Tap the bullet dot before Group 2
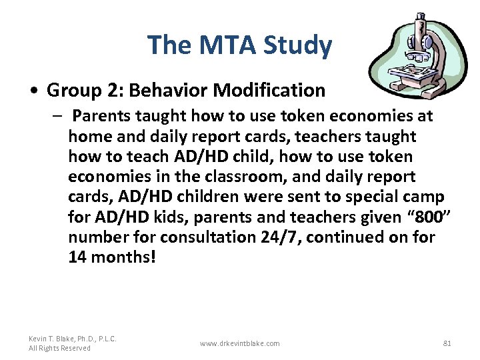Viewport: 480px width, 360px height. pos(35,91)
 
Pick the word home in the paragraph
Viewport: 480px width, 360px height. pos(88,137)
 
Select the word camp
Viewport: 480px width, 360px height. pos(425,197)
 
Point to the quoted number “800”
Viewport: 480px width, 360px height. pos(411,217)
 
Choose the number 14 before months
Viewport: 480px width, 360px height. pos(78,257)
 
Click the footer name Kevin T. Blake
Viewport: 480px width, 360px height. pos(73,339)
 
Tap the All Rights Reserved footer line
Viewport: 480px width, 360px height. pos(59,348)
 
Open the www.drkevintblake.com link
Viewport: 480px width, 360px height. pos(239,343)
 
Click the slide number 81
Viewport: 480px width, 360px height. pos(447,343)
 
